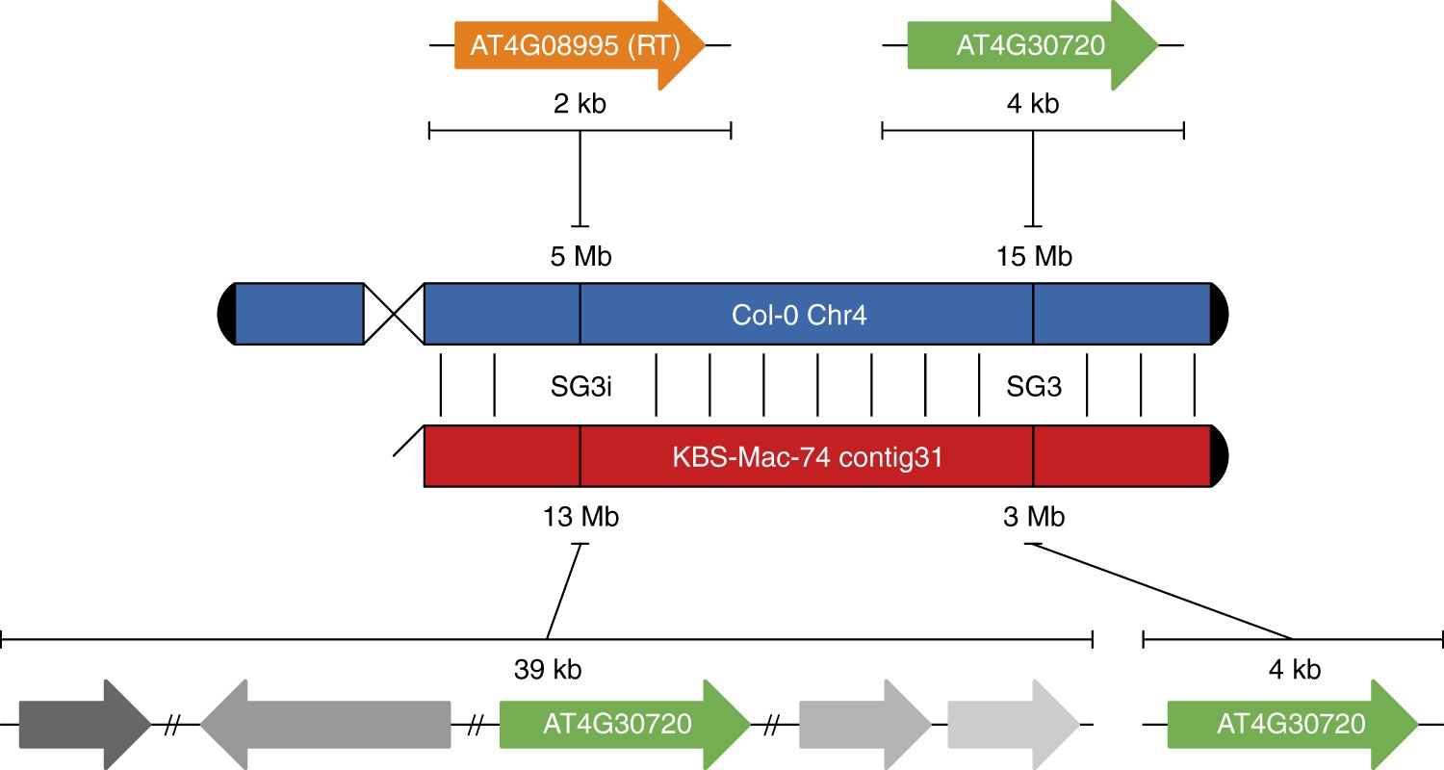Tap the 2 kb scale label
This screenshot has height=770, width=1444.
(x=579, y=104)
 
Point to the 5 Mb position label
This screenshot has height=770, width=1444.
(x=579, y=257)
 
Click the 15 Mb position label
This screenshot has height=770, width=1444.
(x=1034, y=257)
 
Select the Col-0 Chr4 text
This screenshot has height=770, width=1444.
(x=799, y=314)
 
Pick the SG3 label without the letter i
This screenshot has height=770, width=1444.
(x=1034, y=387)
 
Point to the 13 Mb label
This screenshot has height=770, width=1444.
(x=580, y=518)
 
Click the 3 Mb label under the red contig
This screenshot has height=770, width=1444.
(x=1033, y=518)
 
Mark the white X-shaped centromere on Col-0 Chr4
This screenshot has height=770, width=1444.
(x=394, y=314)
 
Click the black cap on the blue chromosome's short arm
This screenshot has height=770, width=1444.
(x=227, y=314)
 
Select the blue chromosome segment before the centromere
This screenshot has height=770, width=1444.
(x=299, y=314)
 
